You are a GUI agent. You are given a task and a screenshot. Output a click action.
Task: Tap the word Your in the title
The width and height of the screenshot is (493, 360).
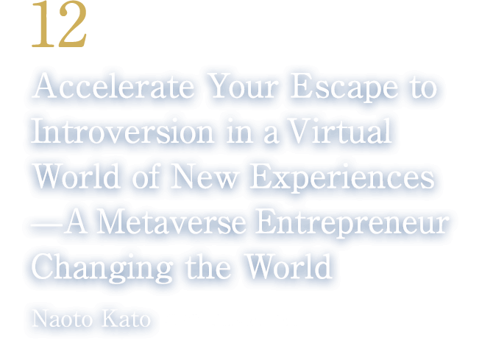tap(244, 90)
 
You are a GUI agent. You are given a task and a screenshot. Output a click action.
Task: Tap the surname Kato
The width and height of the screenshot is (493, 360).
tap(130, 320)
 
